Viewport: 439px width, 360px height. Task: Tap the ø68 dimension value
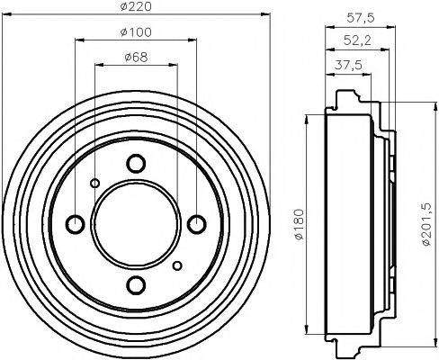coord(136,59)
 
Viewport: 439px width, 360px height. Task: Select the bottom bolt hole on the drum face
coord(136,285)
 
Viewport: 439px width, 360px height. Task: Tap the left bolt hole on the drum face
coord(75,224)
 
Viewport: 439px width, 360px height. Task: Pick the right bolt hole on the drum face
coord(197,224)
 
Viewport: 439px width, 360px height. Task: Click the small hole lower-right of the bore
coord(177,265)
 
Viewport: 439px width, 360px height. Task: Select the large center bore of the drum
coord(136,224)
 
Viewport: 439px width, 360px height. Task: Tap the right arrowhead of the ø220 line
coord(267,14)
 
